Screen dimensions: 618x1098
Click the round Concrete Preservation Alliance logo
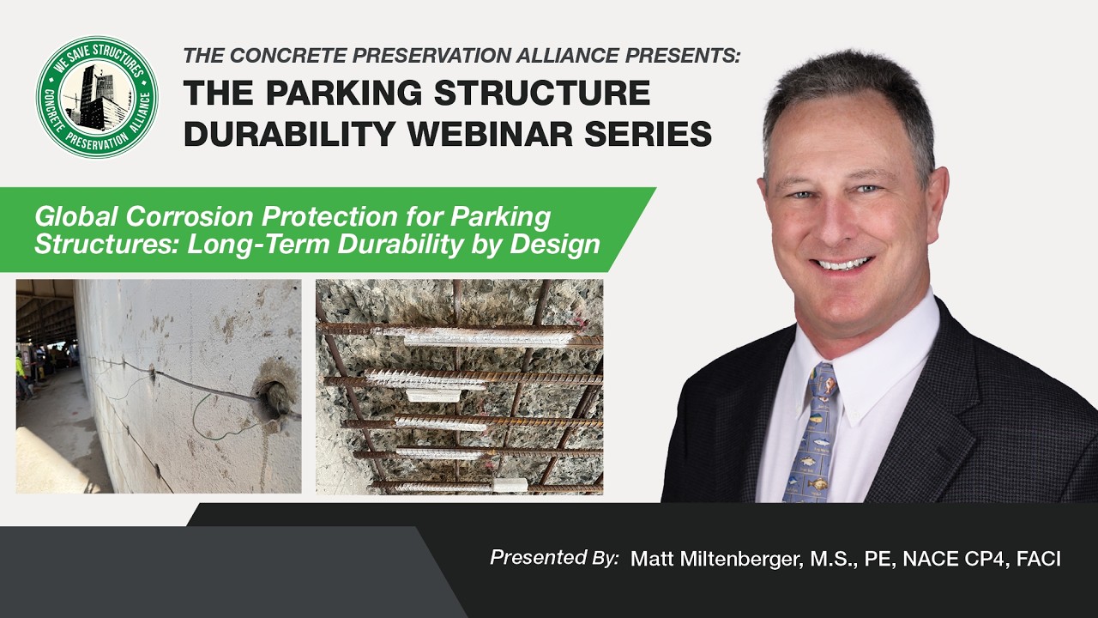(x=97, y=97)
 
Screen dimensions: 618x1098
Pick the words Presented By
(x=553, y=558)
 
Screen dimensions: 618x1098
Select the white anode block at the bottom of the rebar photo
(x=509, y=485)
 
